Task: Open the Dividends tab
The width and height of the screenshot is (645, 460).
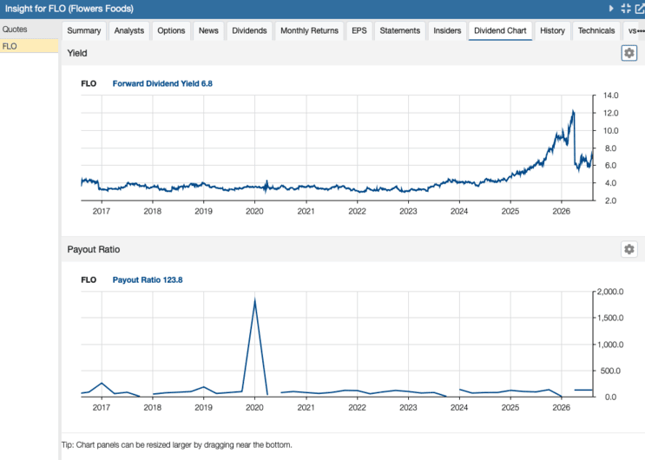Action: [249, 31]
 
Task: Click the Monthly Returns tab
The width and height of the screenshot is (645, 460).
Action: [309, 31]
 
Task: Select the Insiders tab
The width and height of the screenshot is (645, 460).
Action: [447, 31]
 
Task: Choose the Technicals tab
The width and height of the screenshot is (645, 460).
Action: [596, 31]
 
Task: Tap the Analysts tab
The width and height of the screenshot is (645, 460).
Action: [129, 31]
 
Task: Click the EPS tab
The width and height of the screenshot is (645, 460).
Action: [359, 31]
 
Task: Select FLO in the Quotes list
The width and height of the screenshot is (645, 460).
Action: [10, 46]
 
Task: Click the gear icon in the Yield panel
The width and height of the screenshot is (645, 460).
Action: [629, 53]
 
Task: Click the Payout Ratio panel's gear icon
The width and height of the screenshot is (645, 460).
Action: [629, 249]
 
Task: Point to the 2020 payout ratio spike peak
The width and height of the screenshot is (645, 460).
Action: [255, 299]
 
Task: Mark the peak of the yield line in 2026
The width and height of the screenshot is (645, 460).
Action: [573, 110]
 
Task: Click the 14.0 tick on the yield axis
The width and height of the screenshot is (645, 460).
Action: [611, 95]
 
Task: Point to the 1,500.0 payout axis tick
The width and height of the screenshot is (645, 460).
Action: [610, 318]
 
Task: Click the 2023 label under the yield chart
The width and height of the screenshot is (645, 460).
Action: [408, 212]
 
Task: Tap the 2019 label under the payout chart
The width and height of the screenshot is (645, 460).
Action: [203, 408]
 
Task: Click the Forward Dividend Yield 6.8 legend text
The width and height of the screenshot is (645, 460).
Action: [162, 83]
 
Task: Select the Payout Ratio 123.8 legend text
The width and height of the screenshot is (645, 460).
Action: [148, 279]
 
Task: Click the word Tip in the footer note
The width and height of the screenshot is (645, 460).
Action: [67, 444]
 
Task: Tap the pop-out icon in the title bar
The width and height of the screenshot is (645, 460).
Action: [640, 9]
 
